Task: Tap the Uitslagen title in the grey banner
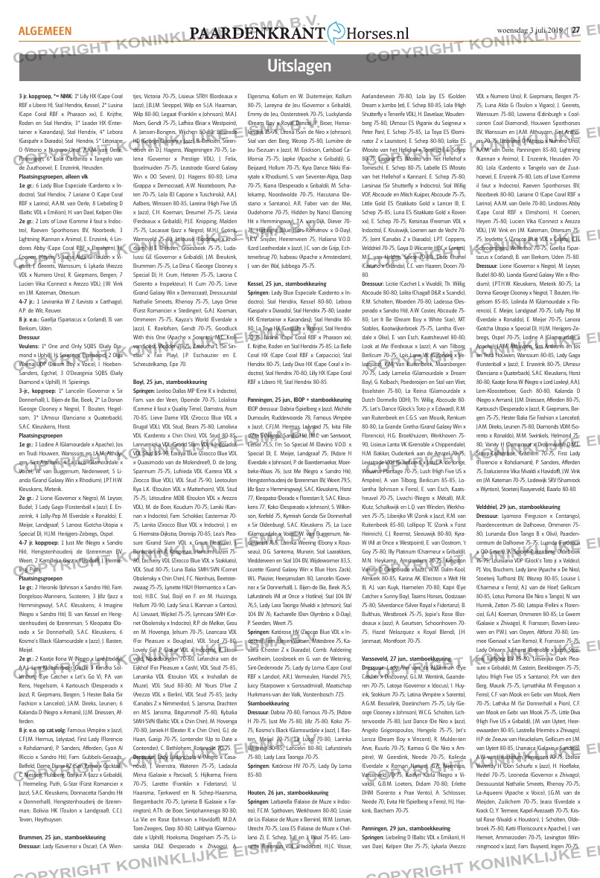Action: point(299,65)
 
